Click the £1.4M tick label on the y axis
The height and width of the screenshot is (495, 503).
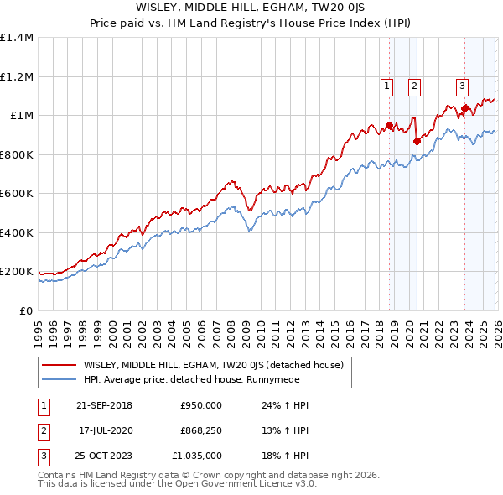click(x=17, y=38)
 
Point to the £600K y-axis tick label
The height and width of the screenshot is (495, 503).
click(x=17, y=194)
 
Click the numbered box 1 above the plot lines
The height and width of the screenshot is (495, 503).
click(x=386, y=84)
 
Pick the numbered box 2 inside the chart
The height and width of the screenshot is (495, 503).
click(x=414, y=84)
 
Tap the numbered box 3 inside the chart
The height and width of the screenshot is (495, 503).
click(x=462, y=84)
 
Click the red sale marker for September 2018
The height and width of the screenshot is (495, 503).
click(x=389, y=126)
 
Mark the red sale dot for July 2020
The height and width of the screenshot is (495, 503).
click(x=416, y=142)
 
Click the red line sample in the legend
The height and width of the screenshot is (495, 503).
click(x=60, y=365)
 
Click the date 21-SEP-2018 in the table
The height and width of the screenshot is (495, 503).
click(x=104, y=405)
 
